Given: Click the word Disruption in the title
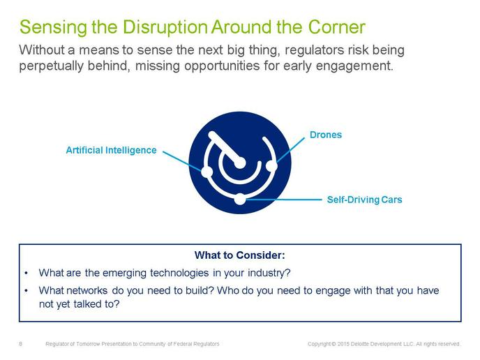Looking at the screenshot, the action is [165, 27].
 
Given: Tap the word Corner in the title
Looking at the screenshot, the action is [337, 27].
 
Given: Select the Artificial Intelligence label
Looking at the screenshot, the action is [111, 150].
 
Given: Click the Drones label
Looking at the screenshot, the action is [326, 135].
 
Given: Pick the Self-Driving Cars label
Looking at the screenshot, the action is [365, 200].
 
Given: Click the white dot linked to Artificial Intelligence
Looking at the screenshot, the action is [207, 172].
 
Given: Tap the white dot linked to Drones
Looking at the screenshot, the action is [271, 166].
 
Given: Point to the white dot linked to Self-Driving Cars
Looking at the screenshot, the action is [240, 200].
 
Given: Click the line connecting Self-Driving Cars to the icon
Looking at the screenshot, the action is [284, 200].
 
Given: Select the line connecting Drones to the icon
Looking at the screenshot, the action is [290, 150].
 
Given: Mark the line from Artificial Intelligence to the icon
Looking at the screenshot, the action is [182, 160].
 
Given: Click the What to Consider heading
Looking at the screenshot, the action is [240, 255].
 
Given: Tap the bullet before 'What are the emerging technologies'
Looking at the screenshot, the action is [27, 273].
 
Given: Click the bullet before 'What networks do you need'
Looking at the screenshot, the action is [27, 290].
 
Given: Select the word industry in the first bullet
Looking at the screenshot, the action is [269, 273].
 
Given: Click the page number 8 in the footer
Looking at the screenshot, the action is [20, 344].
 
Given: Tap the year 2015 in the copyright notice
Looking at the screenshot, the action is [343, 344].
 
